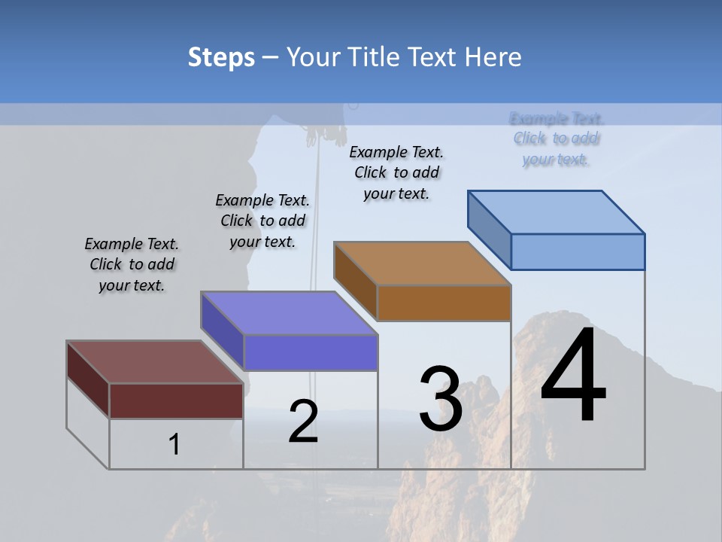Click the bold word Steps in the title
coord(221,57)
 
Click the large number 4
coord(573,376)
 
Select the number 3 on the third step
coord(440,399)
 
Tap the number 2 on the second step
coord(303,422)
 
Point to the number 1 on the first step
coord(174,445)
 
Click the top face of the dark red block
coord(154,361)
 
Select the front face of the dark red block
coord(176,400)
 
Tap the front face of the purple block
coord(310,352)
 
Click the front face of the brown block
coord(444,303)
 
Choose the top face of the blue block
coord(557,212)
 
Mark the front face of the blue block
coord(578,251)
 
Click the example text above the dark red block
coord(132,264)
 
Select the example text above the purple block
coord(262,221)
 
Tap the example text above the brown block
coord(396,172)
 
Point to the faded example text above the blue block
coord(556,139)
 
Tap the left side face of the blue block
coord(489,229)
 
